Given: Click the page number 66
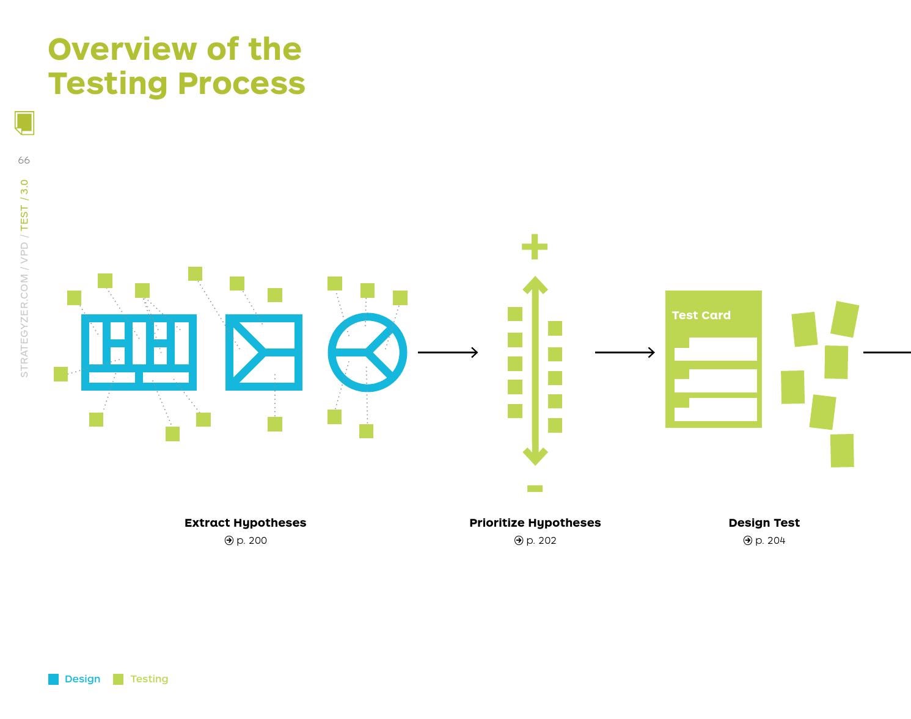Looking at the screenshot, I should pyautogui.click(x=24, y=161).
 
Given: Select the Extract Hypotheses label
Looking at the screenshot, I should pyautogui.click(x=245, y=522).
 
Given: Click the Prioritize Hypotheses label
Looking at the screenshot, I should pyautogui.click(x=535, y=522).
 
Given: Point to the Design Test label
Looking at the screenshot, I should pyautogui.click(x=764, y=522).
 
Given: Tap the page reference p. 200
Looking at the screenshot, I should pyautogui.click(x=251, y=540).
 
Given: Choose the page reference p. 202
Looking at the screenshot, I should pyautogui.click(x=541, y=540).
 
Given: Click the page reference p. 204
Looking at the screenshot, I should pyautogui.click(x=770, y=540).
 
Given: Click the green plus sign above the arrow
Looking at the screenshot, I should pyautogui.click(x=535, y=247).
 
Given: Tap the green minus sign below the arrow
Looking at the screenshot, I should pyautogui.click(x=535, y=488).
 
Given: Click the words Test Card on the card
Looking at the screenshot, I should pyautogui.click(x=701, y=316).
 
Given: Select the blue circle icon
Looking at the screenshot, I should pyautogui.click(x=367, y=352).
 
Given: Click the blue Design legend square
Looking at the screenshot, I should pyautogui.click(x=54, y=679).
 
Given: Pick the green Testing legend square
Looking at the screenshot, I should pyautogui.click(x=118, y=679).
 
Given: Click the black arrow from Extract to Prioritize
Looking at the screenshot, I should pyautogui.click(x=448, y=352).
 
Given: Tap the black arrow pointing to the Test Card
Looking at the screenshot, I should pyautogui.click(x=624, y=352).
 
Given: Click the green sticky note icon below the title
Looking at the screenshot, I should pyautogui.click(x=24, y=123).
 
